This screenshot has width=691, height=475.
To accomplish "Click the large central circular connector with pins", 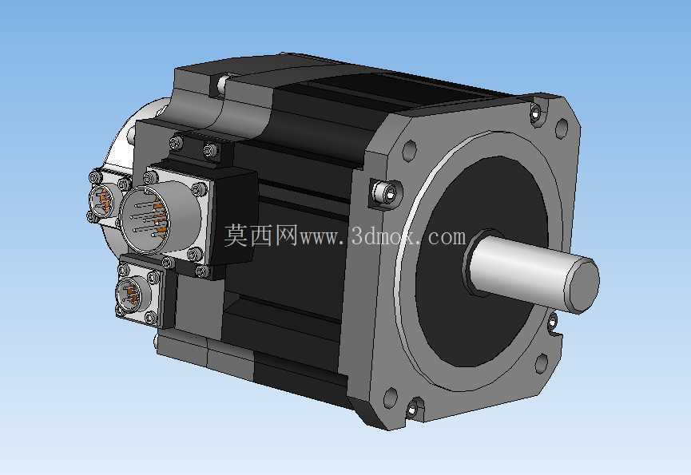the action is coord(145,220).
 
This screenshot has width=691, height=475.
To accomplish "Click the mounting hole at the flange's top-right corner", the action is coord(561,128).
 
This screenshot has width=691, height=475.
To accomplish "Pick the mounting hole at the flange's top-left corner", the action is coord(409,149).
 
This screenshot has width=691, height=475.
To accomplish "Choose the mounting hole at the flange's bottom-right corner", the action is coord(542,363).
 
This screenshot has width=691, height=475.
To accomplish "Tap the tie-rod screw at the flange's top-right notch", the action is coord(535,113).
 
